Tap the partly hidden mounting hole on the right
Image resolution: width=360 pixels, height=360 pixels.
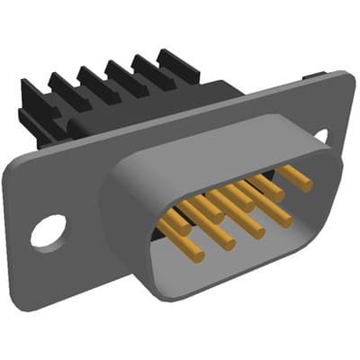coord(321,136)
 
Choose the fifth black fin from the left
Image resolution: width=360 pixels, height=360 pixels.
coord(148,67)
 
